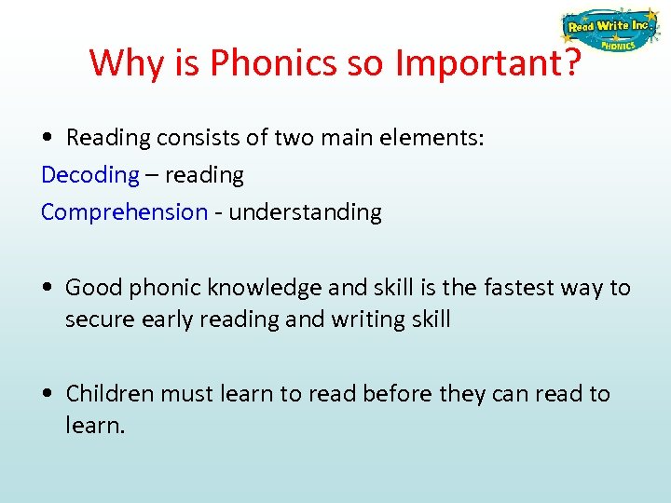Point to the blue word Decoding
tap(89, 174)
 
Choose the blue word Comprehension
tap(124, 211)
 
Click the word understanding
tap(305, 212)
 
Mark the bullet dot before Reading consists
tap(47, 139)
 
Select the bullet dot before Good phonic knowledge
tap(47, 288)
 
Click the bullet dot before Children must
tap(47, 394)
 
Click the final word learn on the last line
tap(93, 426)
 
